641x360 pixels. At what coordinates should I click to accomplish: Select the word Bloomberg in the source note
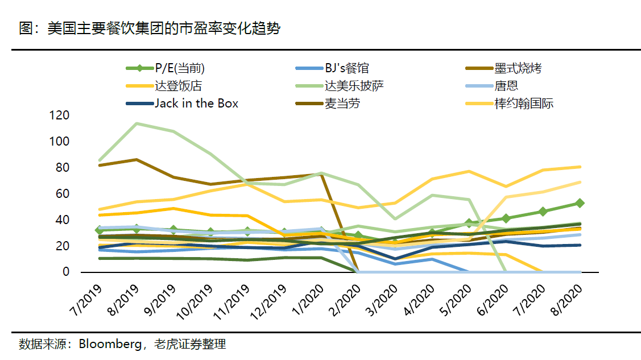point(106,344)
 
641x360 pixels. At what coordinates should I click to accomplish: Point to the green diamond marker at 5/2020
point(469,224)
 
